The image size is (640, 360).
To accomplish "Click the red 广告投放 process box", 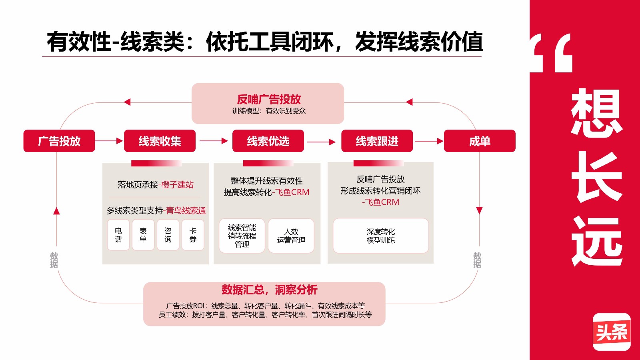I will point(59,141).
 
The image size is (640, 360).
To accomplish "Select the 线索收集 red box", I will point(160,141).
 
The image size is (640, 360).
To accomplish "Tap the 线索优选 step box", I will point(268,141).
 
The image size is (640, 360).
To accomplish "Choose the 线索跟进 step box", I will point(377,141).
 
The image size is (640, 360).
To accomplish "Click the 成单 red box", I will point(480,141).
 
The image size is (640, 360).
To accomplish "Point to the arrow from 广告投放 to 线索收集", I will point(109,141).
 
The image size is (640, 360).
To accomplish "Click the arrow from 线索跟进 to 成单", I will point(429,141).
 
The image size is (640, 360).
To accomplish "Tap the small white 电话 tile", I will point(118,235).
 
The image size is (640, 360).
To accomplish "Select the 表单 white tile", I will point(143,235).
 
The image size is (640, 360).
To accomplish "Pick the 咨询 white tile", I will point(168,235).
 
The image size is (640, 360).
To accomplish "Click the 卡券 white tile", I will point(193,235).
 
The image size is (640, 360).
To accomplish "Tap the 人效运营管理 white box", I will point(291,236).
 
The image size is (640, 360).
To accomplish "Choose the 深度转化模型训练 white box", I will point(380,236).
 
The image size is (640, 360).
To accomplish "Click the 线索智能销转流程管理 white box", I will point(242,236).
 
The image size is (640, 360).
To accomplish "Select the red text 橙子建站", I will point(177,184).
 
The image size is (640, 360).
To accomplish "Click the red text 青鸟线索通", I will point(186,210).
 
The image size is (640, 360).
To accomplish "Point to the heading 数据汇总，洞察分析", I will point(269,290).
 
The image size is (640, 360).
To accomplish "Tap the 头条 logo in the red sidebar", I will point(611,332).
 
